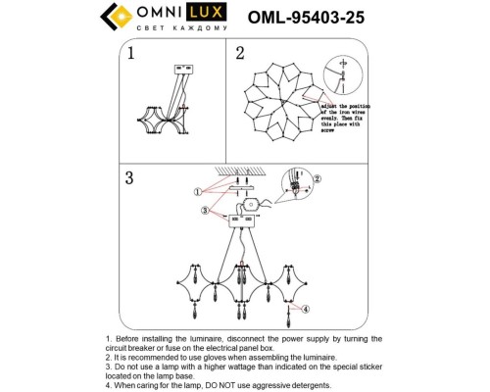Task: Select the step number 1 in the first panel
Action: pos(130,55)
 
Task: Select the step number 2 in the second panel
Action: pos(239,55)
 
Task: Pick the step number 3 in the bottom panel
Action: pos(130,179)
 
